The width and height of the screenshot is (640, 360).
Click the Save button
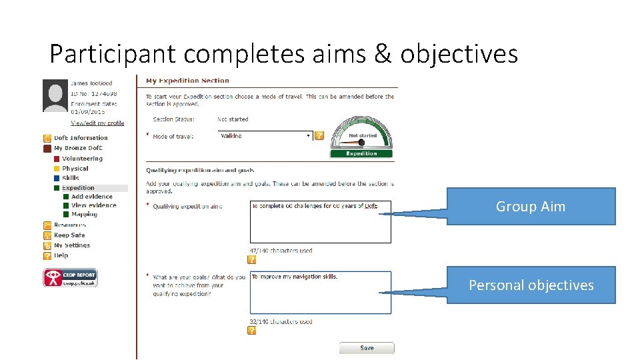pos(367,348)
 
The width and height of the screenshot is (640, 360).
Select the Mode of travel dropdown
pos(265,136)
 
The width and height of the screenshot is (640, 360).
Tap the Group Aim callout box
pos(531,207)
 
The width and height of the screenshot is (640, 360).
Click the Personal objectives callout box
pos(531,285)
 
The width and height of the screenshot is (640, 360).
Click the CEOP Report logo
pos(70,277)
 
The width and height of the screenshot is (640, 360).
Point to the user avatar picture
pos(55,95)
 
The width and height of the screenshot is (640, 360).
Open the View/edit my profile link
pos(97,123)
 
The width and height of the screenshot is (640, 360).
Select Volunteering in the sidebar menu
pos(82,159)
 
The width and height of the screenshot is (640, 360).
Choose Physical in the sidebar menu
pos(75,169)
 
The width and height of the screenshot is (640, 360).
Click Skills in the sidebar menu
pos(71,178)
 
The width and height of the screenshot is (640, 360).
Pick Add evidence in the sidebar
pos(92,197)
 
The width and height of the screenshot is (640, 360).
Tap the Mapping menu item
pos(85,215)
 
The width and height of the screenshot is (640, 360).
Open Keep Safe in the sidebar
pos(69,235)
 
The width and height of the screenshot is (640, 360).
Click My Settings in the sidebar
pos(72,245)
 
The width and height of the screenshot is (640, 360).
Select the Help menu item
pos(61,255)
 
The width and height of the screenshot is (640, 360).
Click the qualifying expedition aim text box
pos(320,222)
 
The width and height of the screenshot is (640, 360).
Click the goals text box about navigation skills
pos(320,292)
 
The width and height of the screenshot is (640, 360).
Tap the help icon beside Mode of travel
pos(319,136)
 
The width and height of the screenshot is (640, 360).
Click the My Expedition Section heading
pos(187,81)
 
